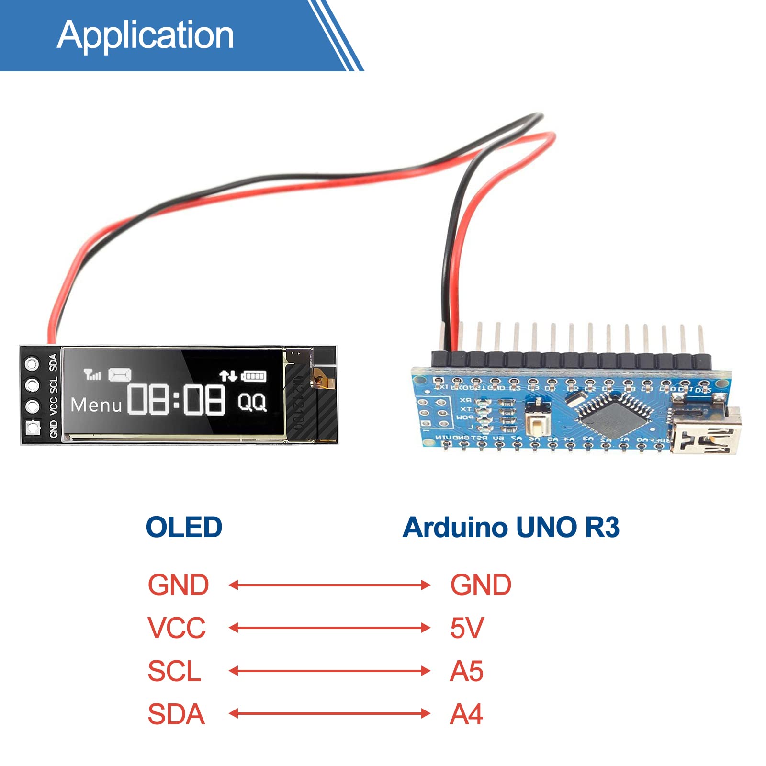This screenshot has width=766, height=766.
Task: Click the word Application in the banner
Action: tap(146, 35)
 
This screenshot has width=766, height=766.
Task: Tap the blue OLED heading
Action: tap(184, 527)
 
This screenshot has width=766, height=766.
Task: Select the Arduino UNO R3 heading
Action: tap(511, 527)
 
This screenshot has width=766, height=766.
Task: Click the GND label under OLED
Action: tap(178, 585)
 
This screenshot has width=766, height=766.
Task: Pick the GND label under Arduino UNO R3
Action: tap(481, 585)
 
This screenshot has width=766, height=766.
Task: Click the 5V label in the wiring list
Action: tap(467, 628)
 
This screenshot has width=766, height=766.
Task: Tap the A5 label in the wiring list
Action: tap(467, 671)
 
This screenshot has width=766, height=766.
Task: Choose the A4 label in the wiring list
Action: tap(467, 714)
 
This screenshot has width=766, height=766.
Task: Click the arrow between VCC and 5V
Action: tap(329, 628)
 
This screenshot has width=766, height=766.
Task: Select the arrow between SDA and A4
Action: tap(329, 714)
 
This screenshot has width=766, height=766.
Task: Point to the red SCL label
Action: tap(174, 671)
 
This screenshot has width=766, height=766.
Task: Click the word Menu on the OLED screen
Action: tap(96, 406)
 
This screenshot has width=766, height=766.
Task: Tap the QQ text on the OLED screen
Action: tap(252, 402)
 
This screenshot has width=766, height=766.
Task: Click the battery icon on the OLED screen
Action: tap(254, 376)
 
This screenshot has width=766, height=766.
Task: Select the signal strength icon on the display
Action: tap(92, 374)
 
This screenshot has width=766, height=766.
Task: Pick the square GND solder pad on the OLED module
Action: tap(33, 427)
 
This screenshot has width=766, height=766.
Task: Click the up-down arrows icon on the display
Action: tap(228, 376)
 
